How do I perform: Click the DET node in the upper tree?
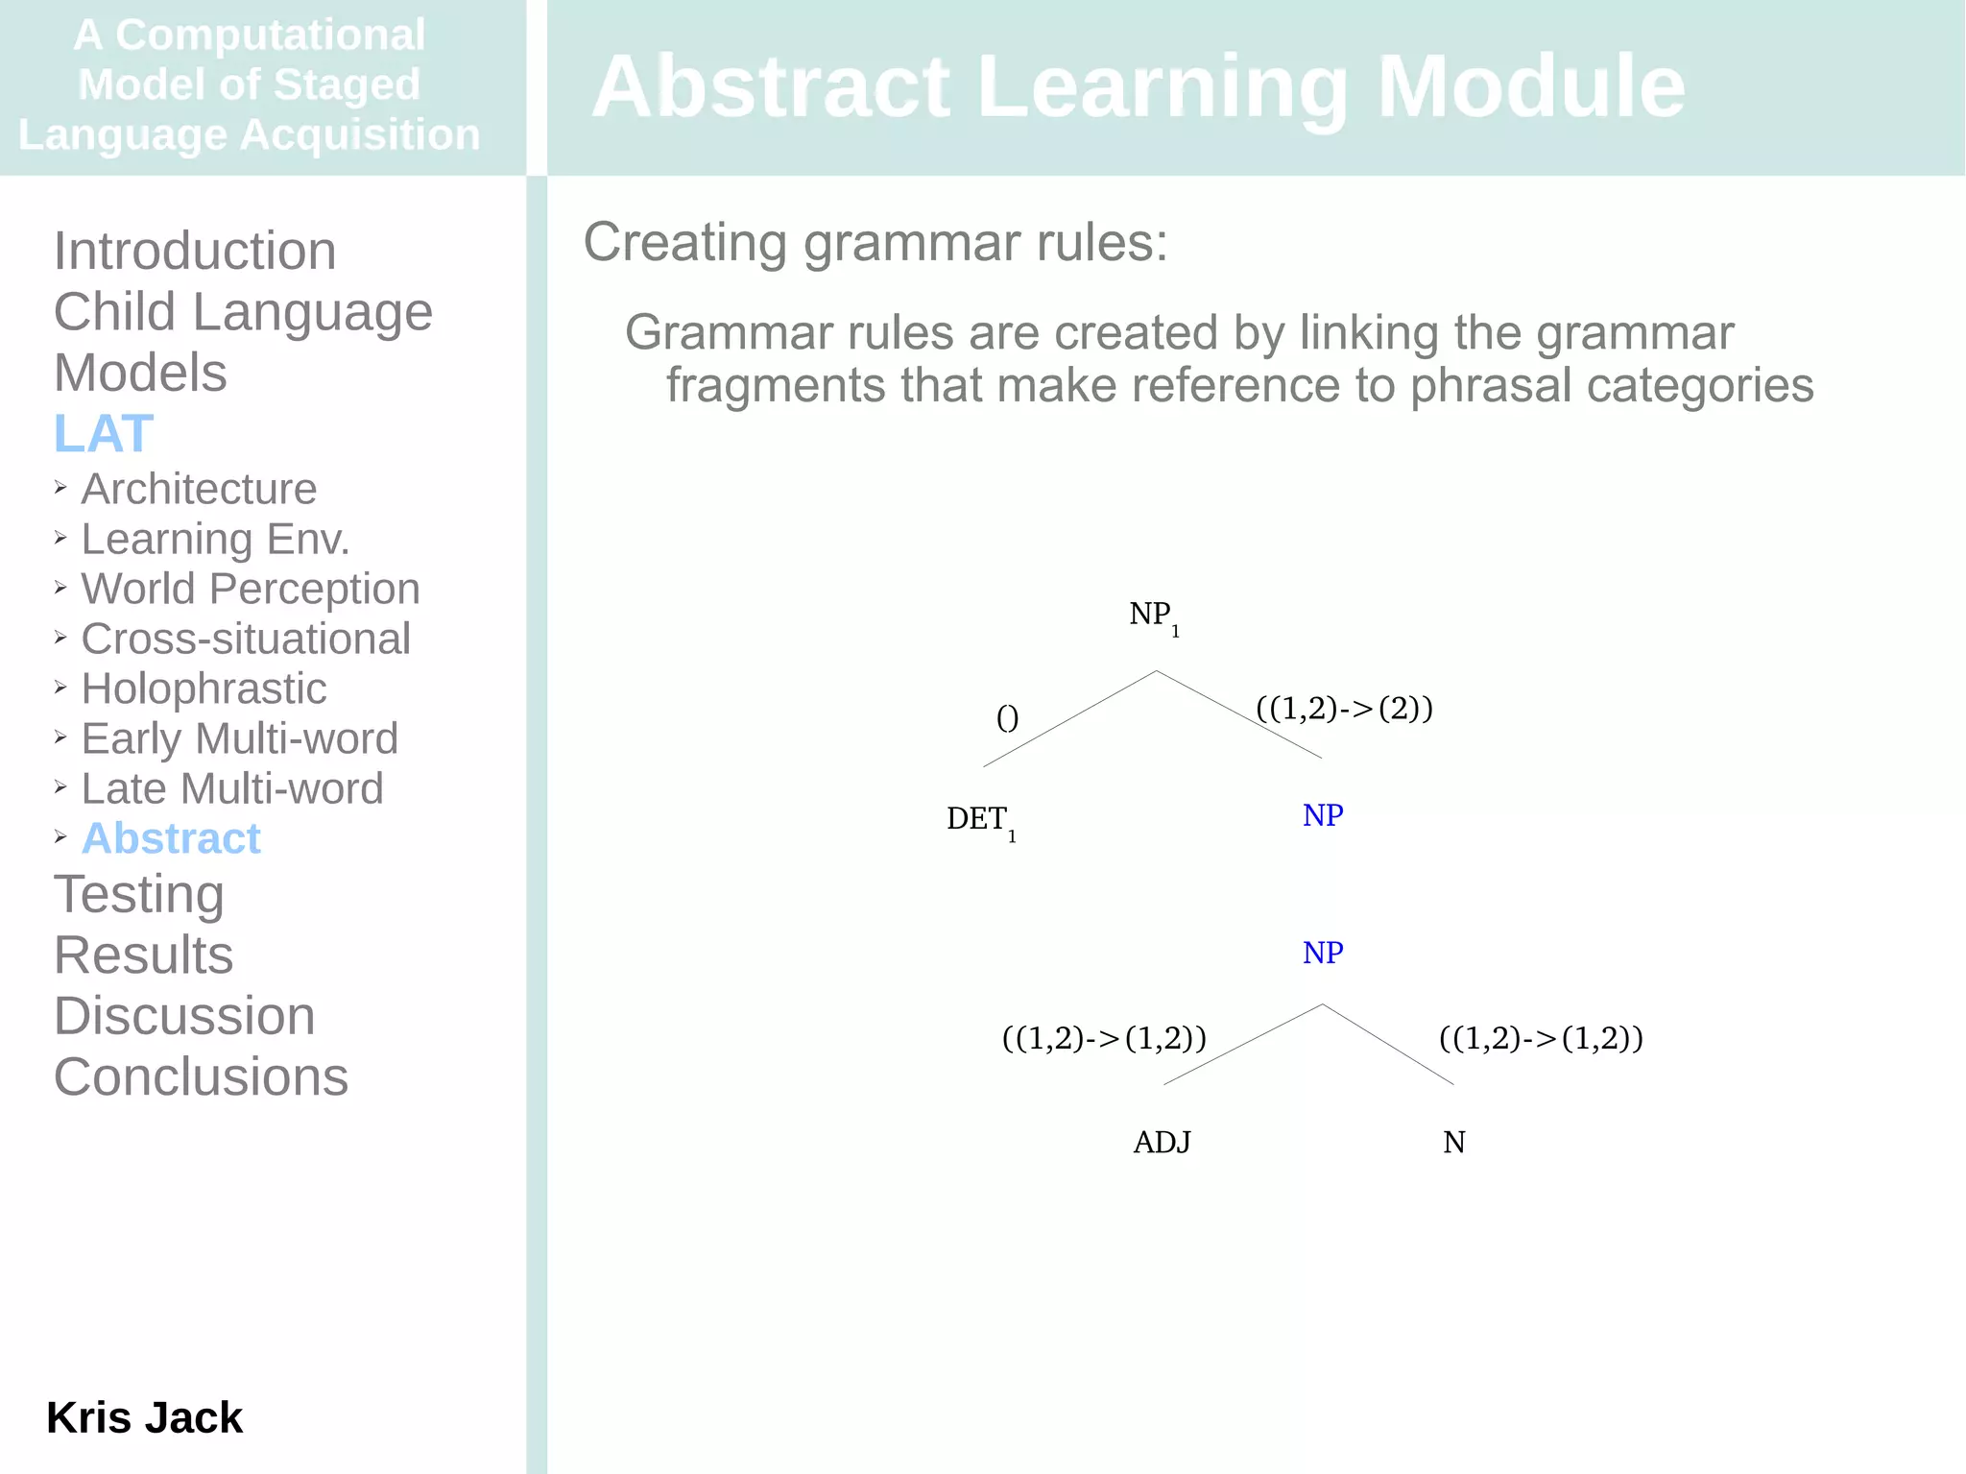(x=977, y=818)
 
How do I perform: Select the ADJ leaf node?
(x=1162, y=1142)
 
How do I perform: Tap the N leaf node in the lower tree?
(x=1453, y=1142)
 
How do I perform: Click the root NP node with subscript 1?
(x=1151, y=615)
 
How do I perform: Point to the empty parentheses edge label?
(x=1007, y=717)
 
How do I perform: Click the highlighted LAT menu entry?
(x=104, y=433)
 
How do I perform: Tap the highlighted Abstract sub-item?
(x=171, y=838)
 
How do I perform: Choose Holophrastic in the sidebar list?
(x=204, y=689)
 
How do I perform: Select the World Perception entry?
(x=250, y=589)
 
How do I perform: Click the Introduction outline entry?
(x=195, y=251)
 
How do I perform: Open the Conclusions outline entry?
(x=201, y=1076)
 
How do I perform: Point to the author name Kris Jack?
(x=144, y=1417)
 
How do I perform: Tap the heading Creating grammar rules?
(x=875, y=242)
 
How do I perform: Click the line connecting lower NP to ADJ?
(x=1242, y=1045)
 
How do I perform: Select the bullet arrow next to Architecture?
(x=60, y=488)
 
